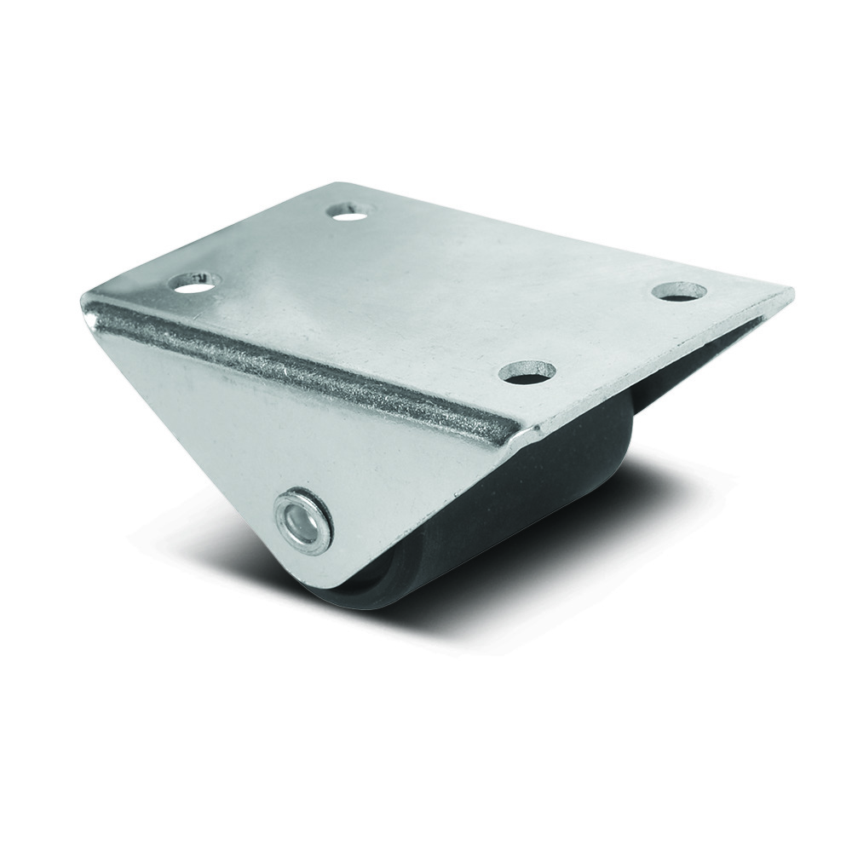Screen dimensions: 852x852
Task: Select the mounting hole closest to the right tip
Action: (x=679, y=291)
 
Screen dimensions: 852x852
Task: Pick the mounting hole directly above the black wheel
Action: (x=527, y=371)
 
